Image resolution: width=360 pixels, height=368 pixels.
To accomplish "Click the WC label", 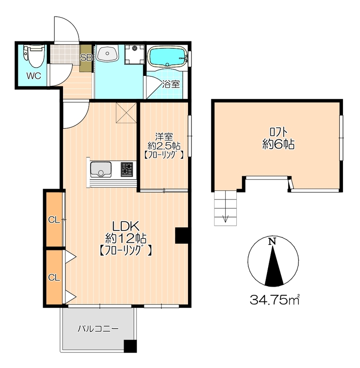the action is pyautogui.click(x=34, y=76).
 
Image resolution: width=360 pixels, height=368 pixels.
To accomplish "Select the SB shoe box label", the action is pyautogui.click(x=86, y=57).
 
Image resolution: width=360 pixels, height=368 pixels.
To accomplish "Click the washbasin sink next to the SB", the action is pyautogui.click(x=107, y=53).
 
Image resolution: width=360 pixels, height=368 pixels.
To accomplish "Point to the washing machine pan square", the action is pyautogui.click(x=134, y=54).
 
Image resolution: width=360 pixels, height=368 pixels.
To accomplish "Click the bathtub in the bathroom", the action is pyautogui.click(x=167, y=57).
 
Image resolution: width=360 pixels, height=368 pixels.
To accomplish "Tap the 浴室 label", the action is pyautogui.click(x=171, y=84).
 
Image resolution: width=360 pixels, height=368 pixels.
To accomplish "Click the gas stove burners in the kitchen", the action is pyautogui.click(x=126, y=169).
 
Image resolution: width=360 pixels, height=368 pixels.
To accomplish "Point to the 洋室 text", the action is pyautogui.click(x=164, y=137).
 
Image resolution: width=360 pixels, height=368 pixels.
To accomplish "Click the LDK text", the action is pyautogui.click(x=126, y=226).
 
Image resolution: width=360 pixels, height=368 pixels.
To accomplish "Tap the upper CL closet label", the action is pyautogui.click(x=54, y=220).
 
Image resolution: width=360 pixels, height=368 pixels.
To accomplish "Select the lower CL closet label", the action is pyautogui.click(x=54, y=278).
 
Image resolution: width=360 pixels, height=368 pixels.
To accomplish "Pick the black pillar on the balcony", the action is pyautogui.click(x=130, y=346).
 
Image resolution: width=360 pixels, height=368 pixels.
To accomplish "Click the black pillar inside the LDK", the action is pyautogui.click(x=182, y=236).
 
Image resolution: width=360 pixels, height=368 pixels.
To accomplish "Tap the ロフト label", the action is pyautogui.click(x=278, y=132).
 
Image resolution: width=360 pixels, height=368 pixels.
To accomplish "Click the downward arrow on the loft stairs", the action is pyautogui.click(x=225, y=215).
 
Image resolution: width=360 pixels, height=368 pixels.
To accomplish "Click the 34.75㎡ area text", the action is pyautogui.click(x=275, y=300).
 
